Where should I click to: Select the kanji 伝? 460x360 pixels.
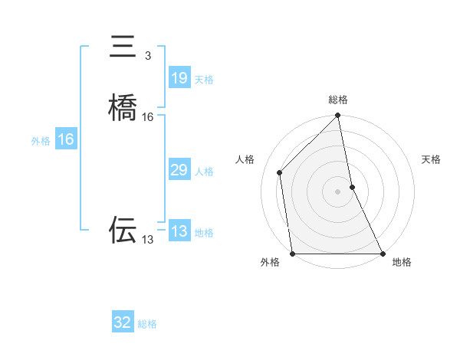pyautogui.click(x=123, y=229)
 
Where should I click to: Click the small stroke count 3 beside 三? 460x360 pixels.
pyautogui.click(x=148, y=56)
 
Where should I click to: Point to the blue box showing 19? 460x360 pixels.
pyautogui.click(x=179, y=78)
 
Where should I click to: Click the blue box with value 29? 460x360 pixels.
pyautogui.click(x=179, y=170)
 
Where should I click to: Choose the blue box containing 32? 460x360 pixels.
pyautogui.click(x=123, y=322)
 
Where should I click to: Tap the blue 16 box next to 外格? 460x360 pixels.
pyautogui.click(x=66, y=139)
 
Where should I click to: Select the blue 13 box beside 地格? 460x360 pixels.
pyautogui.click(x=179, y=231)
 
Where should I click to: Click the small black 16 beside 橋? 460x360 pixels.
pyautogui.click(x=148, y=117)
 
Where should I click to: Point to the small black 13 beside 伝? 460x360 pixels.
pyautogui.click(x=148, y=240)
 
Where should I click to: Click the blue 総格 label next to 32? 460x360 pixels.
pyautogui.click(x=147, y=324)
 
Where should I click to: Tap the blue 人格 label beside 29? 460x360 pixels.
pyautogui.click(x=204, y=172)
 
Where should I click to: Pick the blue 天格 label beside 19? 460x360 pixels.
pyautogui.click(x=204, y=80)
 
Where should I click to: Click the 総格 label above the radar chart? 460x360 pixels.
pyautogui.click(x=338, y=100)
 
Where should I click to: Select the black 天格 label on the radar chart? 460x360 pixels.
pyautogui.click(x=431, y=159)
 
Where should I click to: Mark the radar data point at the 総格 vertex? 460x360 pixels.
pyautogui.click(x=338, y=116)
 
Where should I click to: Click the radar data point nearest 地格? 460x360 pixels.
pyautogui.click(x=383, y=254)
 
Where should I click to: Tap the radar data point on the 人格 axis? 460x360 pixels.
pyautogui.click(x=280, y=172)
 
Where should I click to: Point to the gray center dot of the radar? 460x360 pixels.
pyautogui.click(x=338, y=191)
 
